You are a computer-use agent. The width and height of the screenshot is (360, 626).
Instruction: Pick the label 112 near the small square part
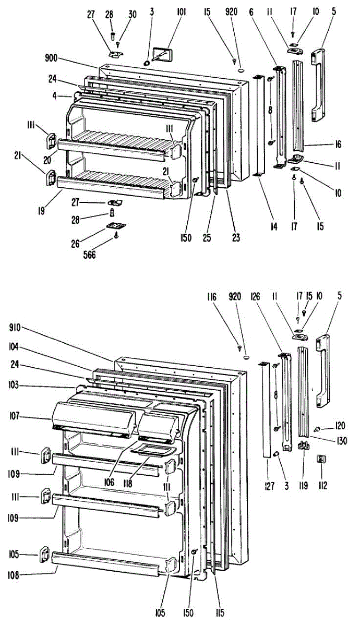tap(323, 486)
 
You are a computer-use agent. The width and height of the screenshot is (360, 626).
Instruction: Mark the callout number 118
tap(139, 483)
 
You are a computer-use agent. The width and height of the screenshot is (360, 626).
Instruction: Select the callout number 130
tap(342, 441)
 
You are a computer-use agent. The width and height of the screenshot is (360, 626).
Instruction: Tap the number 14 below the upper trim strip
tap(259, 227)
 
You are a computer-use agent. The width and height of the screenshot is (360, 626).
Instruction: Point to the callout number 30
tap(132, 15)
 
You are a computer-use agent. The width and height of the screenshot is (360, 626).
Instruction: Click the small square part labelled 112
tap(322, 459)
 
